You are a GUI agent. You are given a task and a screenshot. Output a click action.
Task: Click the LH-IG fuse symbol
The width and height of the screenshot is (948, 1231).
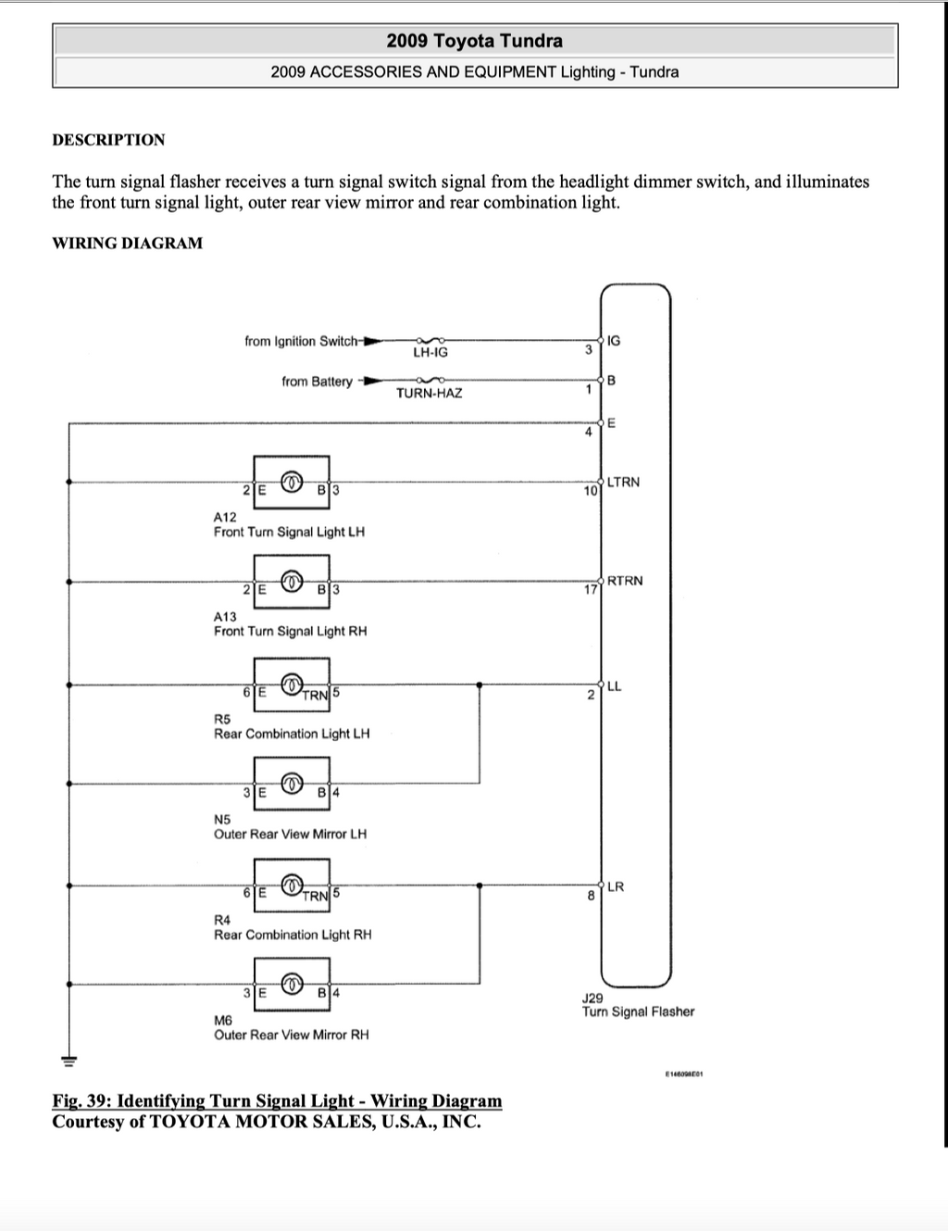(x=430, y=341)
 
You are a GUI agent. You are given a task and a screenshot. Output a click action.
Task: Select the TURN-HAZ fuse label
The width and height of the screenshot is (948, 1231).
(x=429, y=393)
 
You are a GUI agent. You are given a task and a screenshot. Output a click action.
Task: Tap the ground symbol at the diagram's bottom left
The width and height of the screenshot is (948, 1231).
(x=69, y=1061)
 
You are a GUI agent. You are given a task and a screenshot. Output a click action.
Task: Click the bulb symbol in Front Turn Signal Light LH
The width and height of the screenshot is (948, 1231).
(x=292, y=482)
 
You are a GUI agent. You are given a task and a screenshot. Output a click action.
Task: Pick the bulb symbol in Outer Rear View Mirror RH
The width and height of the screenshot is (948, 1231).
(x=292, y=984)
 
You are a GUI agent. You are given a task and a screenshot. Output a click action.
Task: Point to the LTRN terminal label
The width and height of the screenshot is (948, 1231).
(x=623, y=482)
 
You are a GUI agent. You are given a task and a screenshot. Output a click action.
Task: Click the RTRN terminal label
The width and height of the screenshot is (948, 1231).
(x=625, y=581)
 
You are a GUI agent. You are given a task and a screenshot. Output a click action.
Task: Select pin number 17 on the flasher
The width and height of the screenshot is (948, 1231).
(x=591, y=590)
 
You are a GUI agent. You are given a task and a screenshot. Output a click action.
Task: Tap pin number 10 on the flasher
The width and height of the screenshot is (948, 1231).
(x=591, y=491)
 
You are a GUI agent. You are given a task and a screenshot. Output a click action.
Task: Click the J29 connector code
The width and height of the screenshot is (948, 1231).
(x=592, y=999)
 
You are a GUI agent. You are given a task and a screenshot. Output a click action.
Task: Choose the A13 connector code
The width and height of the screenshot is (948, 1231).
(x=225, y=616)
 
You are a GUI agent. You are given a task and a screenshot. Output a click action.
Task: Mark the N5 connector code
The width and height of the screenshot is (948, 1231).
(x=222, y=819)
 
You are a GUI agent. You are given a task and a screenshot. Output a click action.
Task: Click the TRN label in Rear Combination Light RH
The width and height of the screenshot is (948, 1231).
(x=315, y=896)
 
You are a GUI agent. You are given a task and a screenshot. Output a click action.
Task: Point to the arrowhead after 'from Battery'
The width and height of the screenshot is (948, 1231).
(x=373, y=381)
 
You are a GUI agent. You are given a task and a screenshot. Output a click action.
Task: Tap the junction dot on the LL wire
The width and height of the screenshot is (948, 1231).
(x=480, y=685)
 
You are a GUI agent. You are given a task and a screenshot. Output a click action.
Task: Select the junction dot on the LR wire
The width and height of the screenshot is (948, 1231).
(x=480, y=885)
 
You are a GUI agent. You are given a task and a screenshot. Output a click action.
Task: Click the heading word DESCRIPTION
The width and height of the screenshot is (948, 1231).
(x=108, y=140)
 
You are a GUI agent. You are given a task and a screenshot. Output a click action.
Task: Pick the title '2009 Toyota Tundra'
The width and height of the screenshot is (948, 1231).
(x=474, y=41)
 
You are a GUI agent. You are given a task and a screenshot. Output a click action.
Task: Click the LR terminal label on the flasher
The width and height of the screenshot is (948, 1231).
(x=616, y=886)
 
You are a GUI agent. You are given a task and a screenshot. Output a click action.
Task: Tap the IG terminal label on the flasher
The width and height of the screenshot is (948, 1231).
(x=614, y=341)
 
